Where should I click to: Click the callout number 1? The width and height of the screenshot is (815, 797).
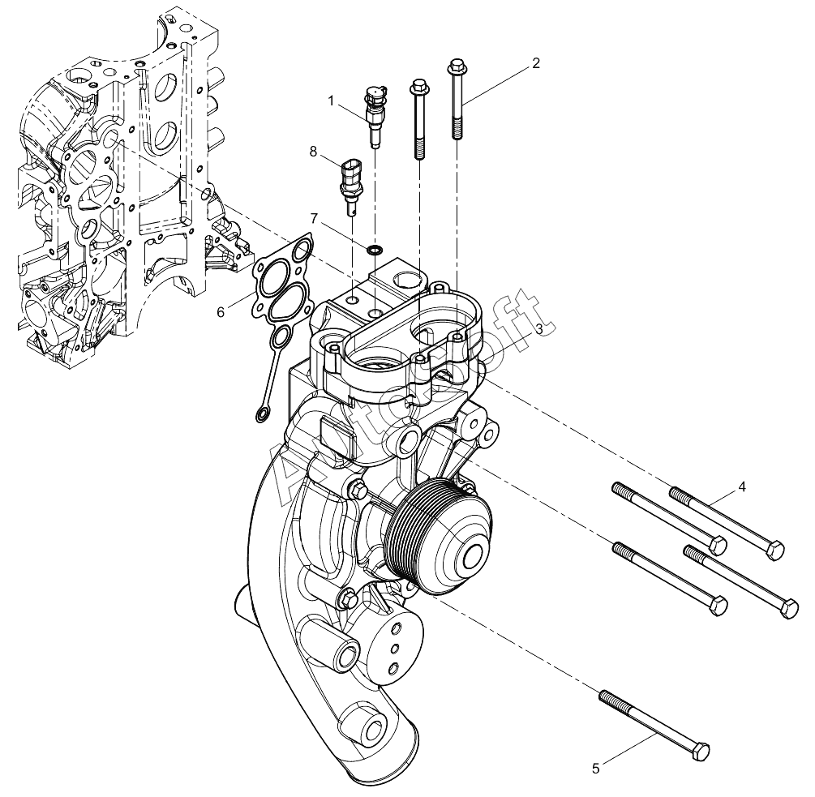tap(331, 101)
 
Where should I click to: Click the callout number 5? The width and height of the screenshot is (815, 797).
tap(596, 769)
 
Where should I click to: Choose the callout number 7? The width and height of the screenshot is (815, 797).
tap(314, 218)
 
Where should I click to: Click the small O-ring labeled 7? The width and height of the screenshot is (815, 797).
tap(375, 250)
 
